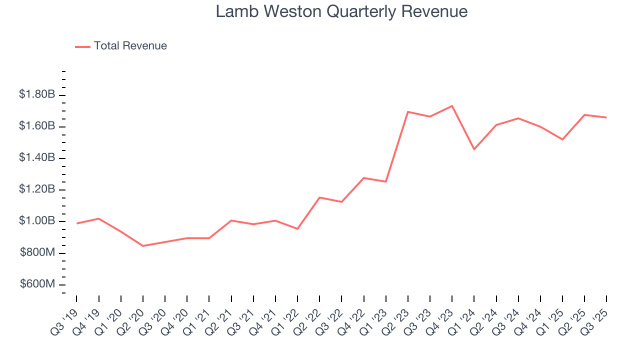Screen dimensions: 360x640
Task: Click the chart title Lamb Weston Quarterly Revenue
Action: (341, 11)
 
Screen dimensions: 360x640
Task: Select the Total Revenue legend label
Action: (130, 46)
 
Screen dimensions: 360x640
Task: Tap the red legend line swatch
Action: (82, 46)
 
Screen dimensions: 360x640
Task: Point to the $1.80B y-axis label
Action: (37, 94)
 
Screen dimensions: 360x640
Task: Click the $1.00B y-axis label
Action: (37, 221)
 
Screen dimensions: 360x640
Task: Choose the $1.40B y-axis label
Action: (37, 157)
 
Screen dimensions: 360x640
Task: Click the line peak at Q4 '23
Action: (452, 106)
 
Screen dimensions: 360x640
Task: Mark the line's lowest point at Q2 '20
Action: (143, 246)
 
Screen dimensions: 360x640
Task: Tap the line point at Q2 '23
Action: (408, 112)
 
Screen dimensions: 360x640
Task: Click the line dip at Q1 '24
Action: (474, 149)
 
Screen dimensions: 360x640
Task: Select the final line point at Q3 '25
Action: (606, 117)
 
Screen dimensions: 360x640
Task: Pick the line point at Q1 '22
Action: (297, 229)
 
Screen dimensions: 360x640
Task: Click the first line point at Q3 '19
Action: (76, 223)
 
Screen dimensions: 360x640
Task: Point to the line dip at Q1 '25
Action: (562, 139)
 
